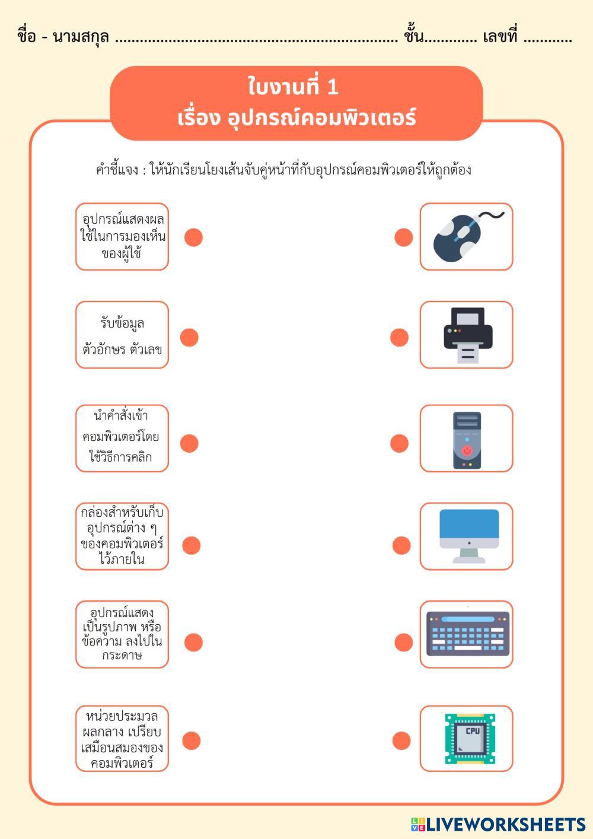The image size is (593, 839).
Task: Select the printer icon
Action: tap(468, 335)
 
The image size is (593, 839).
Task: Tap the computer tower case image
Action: tap(467, 440)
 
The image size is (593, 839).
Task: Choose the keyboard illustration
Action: tap(468, 634)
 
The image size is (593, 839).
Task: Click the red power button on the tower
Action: tap(467, 451)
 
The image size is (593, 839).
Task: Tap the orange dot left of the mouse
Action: tap(403, 237)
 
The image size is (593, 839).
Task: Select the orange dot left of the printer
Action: tap(399, 338)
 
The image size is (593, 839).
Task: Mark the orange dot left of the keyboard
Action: tap(403, 642)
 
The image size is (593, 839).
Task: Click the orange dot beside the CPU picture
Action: tap(401, 741)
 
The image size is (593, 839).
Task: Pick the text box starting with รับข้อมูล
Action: tap(122, 335)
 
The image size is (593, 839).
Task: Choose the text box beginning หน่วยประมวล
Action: tap(122, 739)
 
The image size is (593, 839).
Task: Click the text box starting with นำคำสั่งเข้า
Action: tap(122, 438)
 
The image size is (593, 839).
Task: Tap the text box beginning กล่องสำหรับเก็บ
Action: tap(122, 536)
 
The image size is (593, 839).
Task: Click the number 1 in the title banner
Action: tap(333, 87)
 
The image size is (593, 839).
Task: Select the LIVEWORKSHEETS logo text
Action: tap(505, 825)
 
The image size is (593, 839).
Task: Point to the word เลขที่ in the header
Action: tap(500, 37)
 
